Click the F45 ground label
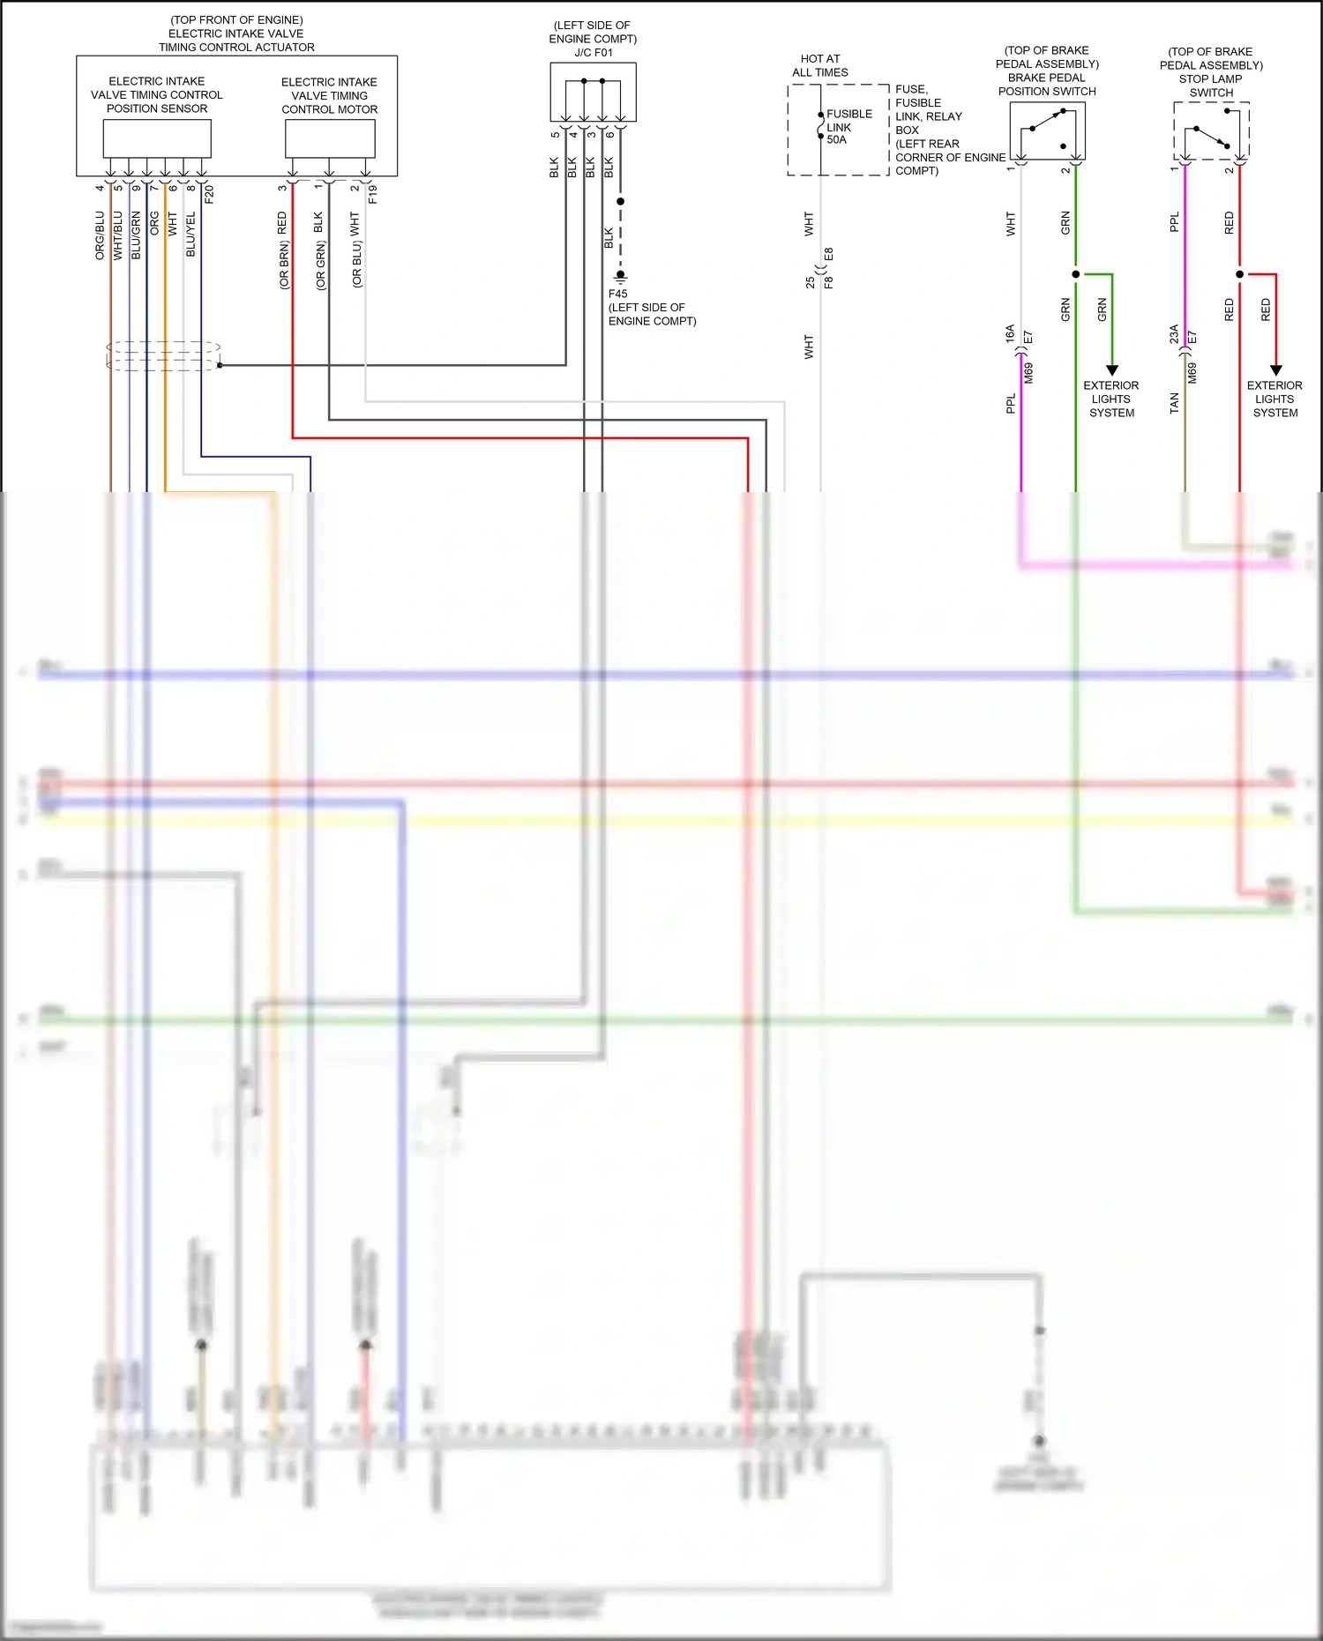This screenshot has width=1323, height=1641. [x=617, y=294]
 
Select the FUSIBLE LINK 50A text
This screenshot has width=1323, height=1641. [x=848, y=127]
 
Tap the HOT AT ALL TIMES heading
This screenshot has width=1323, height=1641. [x=819, y=65]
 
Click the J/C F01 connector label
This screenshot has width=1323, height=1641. [x=593, y=52]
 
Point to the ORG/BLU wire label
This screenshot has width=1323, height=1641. [x=100, y=235]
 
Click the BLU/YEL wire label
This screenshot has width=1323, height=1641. [x=191, y=235]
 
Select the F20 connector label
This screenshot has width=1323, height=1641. [x=209, y=194]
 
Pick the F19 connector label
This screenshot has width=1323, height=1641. [x=372, y=194]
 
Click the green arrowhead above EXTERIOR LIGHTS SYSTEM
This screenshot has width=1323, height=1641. [x=1112, y=370]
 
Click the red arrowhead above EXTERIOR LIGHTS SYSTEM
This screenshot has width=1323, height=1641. [x=1275, y=370]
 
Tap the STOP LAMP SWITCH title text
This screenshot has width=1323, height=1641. [x=1210, y=86]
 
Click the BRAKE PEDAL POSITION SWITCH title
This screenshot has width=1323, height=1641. [x=1047, y=84]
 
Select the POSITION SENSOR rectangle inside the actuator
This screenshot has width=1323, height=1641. [x=157, y=138]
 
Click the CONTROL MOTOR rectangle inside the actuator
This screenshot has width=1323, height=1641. [x=330, y=138]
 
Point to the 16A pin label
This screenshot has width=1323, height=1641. [x=1010, y=333]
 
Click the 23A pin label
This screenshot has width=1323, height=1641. [x=1173, y=333]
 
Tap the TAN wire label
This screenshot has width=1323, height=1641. [x=1174, y=403]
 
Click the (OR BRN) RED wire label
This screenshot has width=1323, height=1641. [x=283, y=250]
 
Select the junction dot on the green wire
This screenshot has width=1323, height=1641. [x=1075, y=274]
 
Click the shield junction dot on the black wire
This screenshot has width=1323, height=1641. [x=220, y=364]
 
